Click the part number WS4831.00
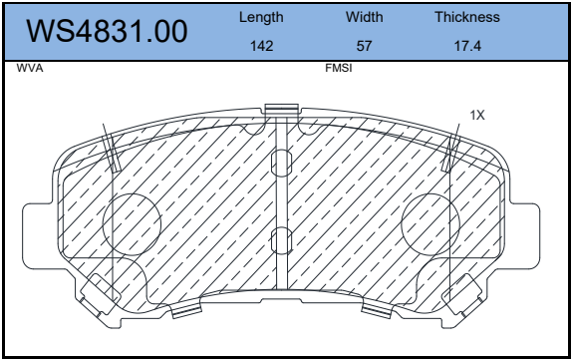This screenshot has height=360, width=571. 107,32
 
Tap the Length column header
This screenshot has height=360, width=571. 261,18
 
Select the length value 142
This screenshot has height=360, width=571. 261,46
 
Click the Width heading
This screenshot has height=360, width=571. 364,17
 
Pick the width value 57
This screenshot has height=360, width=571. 364,46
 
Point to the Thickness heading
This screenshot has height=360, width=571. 467,17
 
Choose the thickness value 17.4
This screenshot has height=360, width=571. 467,46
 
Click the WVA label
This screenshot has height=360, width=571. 30,68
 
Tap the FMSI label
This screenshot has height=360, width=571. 339,68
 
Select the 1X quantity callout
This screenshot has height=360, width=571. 477,115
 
